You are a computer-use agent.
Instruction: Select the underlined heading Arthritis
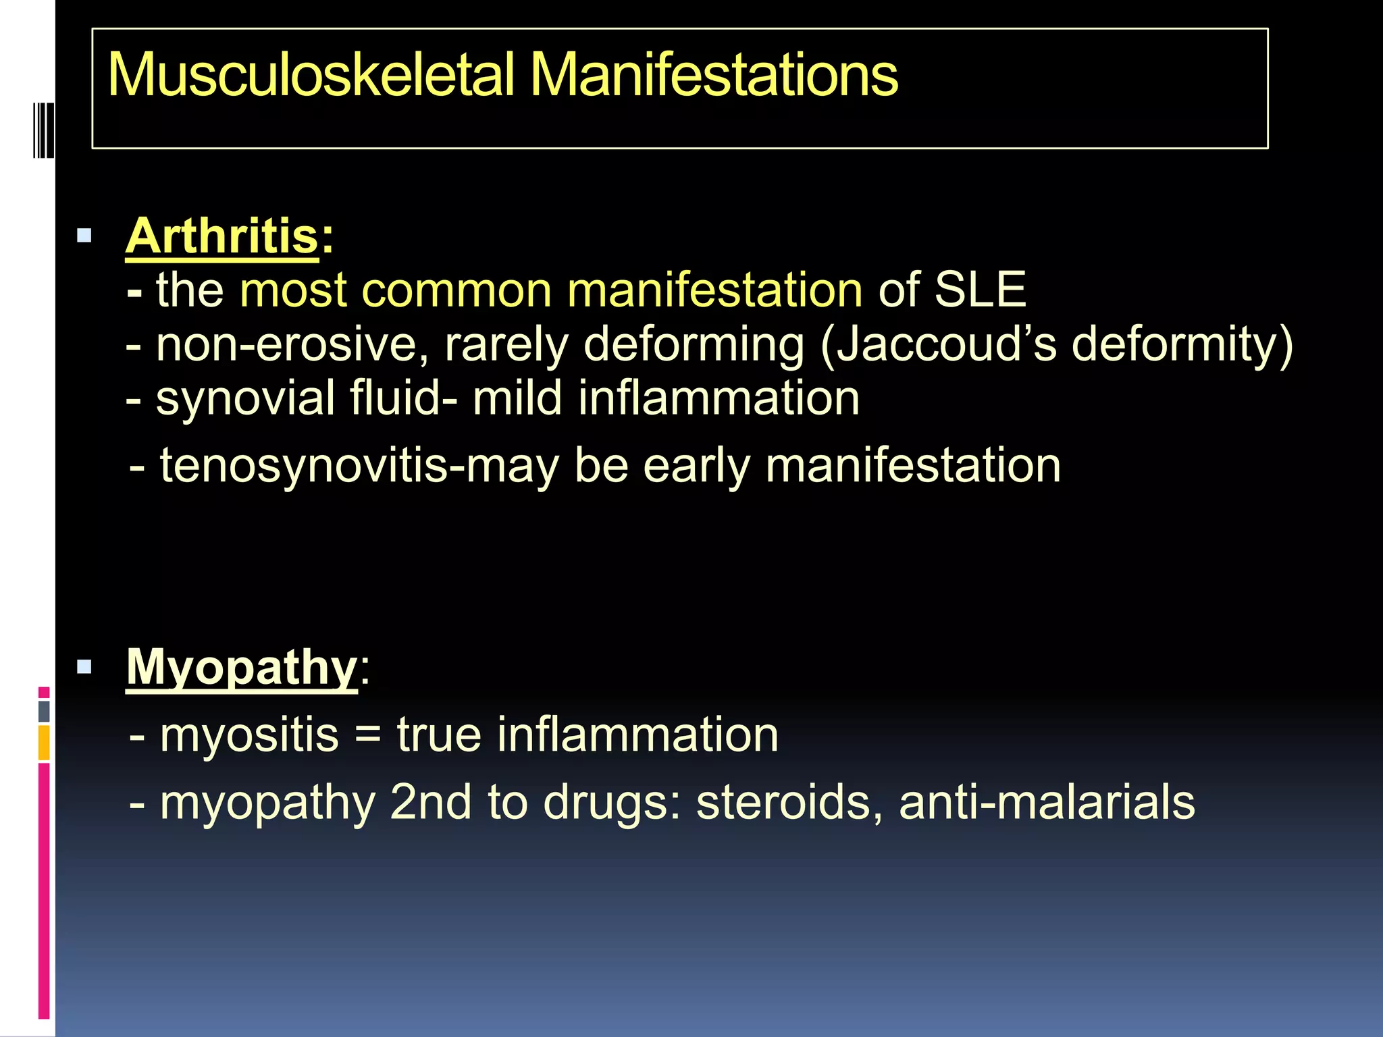click(x=221, y=236)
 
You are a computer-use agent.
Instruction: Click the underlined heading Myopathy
click(x=242, y=668)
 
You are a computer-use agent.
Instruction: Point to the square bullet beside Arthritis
click(x=84, y=236)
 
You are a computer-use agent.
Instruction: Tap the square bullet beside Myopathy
click(x=84, y=668)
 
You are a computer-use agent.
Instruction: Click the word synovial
click(x=245, y=398)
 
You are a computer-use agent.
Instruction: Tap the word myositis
click(x=249, y=735)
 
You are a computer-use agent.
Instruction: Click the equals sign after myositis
click(x=368, y=735)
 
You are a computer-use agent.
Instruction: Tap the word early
click(x=696, y=466)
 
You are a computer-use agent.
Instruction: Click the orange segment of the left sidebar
click(x=44, y=743)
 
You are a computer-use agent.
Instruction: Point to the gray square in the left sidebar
click(x=44, y=711)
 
